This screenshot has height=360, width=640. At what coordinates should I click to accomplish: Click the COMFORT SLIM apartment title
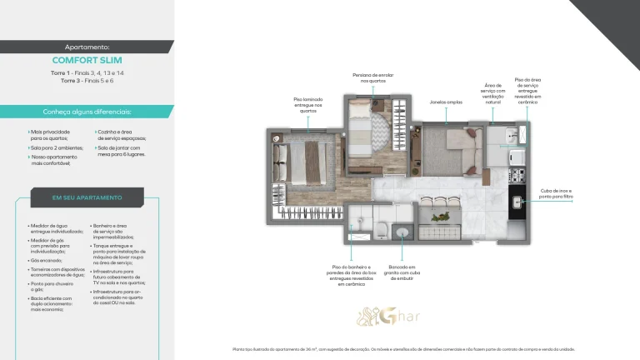pyautogui.click(x=87, y=60)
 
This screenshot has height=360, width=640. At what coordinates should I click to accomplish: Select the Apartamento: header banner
pyautogui.click(x=87, y=47)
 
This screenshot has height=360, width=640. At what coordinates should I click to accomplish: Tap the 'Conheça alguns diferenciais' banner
pyautogui.click(x=87, y=112)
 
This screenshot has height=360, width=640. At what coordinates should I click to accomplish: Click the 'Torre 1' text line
pyautogui.click(x=87, y=73)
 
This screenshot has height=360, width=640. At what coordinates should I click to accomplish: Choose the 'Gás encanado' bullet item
pyautogui.click(x=47, y=260)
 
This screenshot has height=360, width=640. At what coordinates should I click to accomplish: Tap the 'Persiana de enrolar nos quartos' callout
pyautogui.click(x=372, y=77)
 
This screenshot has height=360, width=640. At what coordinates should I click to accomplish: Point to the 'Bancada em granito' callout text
pyautogui.click(x=402, y=267)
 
